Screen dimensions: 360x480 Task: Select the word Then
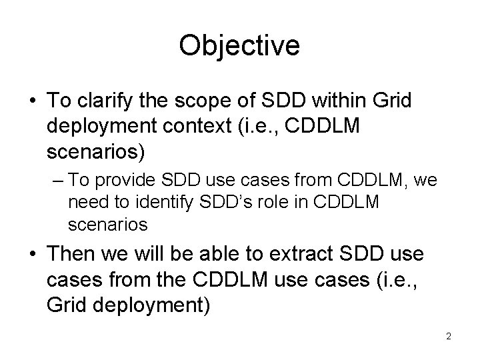tap(73, 254)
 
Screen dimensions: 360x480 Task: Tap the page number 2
tap(449, 337)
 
